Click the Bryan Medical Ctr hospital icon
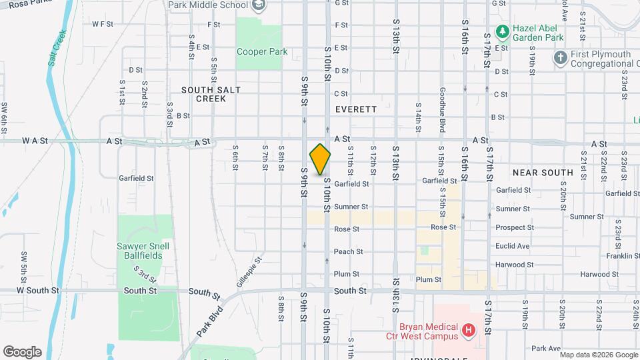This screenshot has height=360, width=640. click(x=469, y=329)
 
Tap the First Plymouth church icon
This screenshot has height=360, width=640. click(x=560, y=58)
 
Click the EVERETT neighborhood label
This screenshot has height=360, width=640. click(x=356, y=109)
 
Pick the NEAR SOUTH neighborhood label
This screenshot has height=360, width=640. click(x=543, y=173)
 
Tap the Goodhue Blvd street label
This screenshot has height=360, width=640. click(x=441, y=107)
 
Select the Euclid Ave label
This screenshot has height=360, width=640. click(x=513, y=246)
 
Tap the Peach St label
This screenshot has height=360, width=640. click(x=348, y=252)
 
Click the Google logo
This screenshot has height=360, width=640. click(x=22, y=351)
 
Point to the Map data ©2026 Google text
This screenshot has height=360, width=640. click(x=598, y=354)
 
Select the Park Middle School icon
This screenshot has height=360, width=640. click(x=259, y=5)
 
